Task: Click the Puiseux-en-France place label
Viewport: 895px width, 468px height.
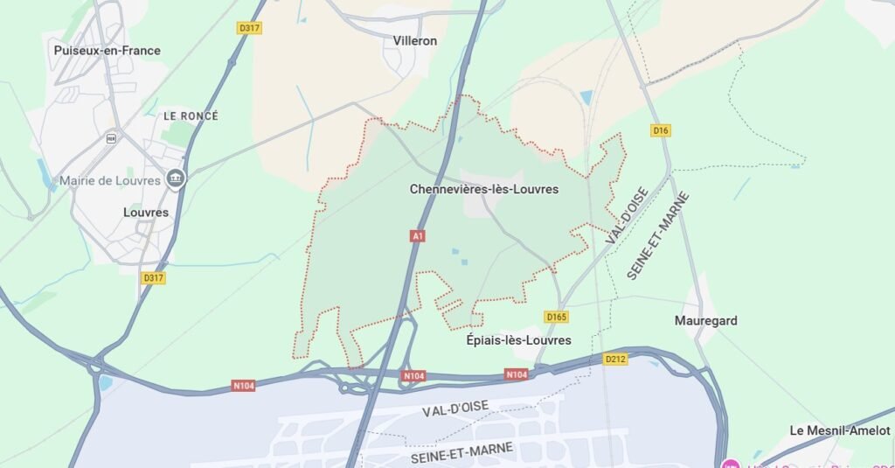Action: click(107, 51)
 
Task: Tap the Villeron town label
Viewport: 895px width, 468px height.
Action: click(415, 40)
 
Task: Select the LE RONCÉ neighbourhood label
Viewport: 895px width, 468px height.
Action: click(191, 115)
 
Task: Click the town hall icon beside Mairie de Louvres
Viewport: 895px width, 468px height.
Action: click(176, 179)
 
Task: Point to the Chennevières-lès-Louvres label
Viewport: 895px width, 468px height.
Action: click(483, 189)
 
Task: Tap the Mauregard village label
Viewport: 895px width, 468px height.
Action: click(705, 320)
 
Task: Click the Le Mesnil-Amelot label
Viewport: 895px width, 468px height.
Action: click(839, 430)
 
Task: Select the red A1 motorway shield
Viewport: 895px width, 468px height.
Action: click(418, 236)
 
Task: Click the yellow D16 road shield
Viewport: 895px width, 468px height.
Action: click(661, 130)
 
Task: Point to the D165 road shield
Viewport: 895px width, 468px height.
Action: click(556, 317)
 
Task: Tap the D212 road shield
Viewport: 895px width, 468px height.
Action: click(615, 359)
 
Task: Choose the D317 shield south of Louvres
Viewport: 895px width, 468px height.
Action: click(153, 277)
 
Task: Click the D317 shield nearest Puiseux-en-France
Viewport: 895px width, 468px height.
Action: click(250, 28)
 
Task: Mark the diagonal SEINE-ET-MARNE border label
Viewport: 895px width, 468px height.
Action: click(657, 235)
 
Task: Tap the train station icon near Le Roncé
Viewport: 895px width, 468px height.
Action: click(111, 137)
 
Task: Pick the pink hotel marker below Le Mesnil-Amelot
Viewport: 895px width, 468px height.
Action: click(731, 463)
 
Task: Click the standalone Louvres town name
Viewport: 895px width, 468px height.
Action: click(146, 212)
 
